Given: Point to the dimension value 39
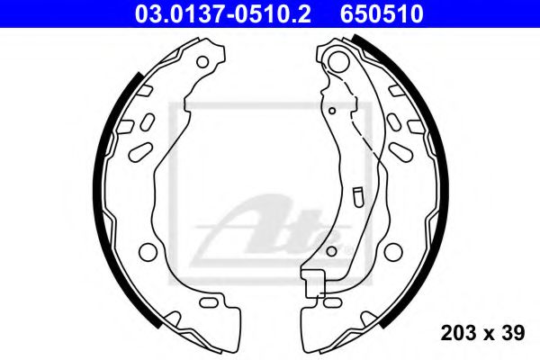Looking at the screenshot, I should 514,335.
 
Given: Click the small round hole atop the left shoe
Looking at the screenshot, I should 203,62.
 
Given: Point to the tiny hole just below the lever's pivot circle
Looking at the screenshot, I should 332,111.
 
